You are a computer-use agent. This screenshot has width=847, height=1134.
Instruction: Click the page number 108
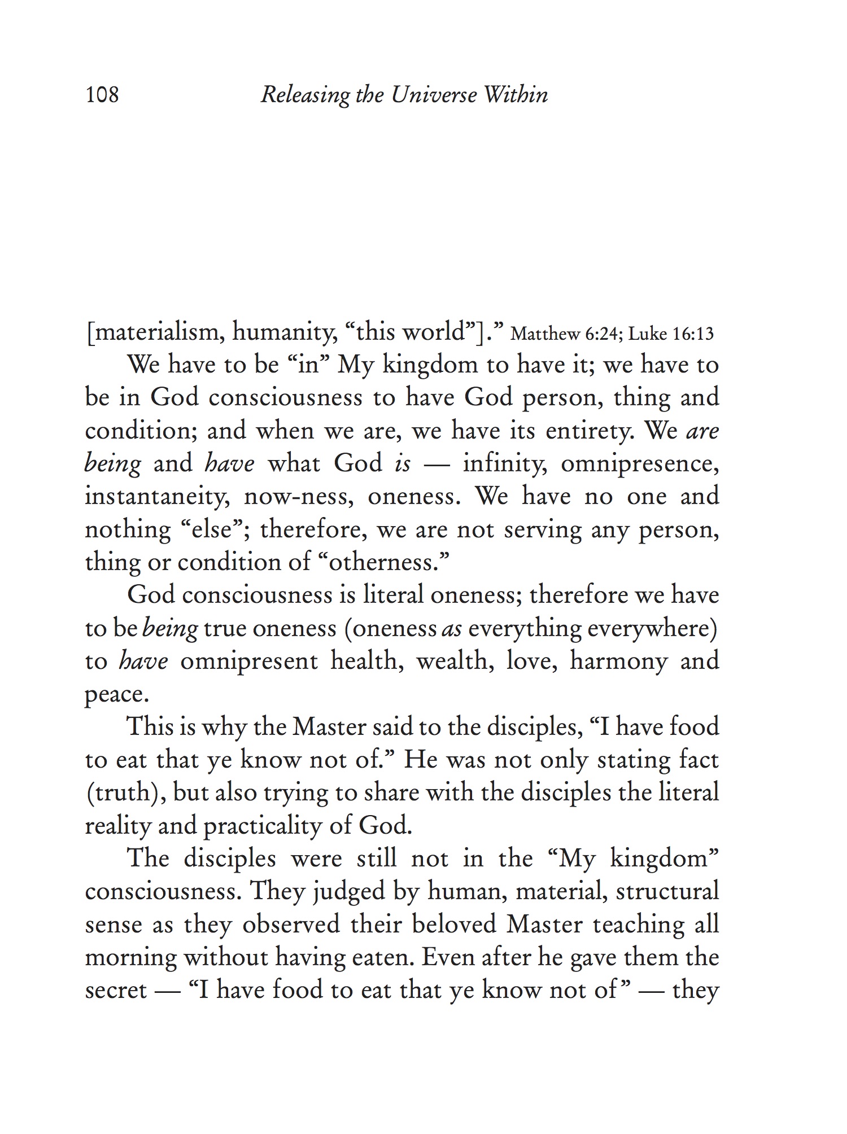[x=102, y=94]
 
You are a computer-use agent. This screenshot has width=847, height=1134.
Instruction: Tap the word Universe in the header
[x=434, y=94]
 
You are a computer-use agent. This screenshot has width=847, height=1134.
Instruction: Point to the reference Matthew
[x=545, y=334]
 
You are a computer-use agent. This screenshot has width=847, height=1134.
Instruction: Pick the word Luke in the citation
[x=645, y=334]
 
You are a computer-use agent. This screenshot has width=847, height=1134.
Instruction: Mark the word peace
[x=116, y=694]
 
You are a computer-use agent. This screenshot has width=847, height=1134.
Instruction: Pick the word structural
[x=667, y=892]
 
